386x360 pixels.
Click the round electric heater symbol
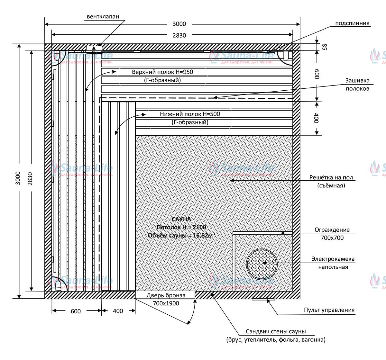point(262,264)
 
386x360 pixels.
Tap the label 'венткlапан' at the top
point(103,17)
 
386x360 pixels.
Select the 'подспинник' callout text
point(352,23)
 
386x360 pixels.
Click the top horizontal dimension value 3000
point(179,24)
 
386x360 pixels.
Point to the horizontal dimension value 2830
point(179,36)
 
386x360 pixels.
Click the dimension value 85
point(324,47)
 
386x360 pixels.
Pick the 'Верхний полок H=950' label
point(162,72)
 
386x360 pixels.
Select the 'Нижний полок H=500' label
point(190,114)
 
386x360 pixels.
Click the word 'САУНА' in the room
point(181,219)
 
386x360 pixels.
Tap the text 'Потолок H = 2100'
point(181,227)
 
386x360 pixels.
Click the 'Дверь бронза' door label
point(166,295)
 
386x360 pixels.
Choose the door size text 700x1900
point(166,303)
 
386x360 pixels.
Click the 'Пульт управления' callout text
point(329,310)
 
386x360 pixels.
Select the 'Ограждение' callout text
point(332,230)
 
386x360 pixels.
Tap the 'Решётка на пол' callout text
point(331,177)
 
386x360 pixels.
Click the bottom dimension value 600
point(76,311)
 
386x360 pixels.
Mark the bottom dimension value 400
point(118,311)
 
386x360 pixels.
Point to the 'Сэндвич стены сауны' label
point(276,331)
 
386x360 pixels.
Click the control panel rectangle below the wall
point(263,300)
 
